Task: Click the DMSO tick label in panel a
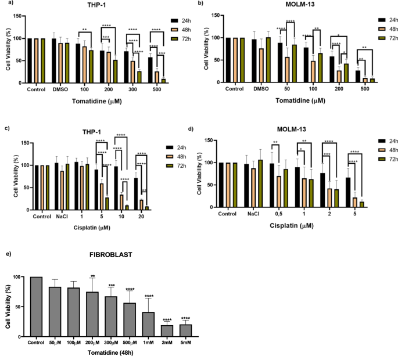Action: pos(60,89)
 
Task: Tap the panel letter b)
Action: pos(200,3)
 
